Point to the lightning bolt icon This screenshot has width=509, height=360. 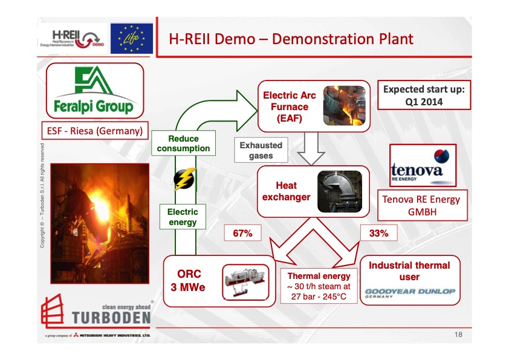(182, 178)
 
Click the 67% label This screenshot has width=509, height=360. (242, 232)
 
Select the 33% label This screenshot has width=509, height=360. (378, 232)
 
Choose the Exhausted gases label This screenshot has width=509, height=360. (261, 150)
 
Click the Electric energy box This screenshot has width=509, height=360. (183, 217)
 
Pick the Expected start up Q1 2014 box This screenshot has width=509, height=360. (424, 96)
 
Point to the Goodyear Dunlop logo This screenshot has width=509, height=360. (409, 292)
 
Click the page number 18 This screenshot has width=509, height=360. (458, 334)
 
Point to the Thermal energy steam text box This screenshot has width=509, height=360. (319, 287)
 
